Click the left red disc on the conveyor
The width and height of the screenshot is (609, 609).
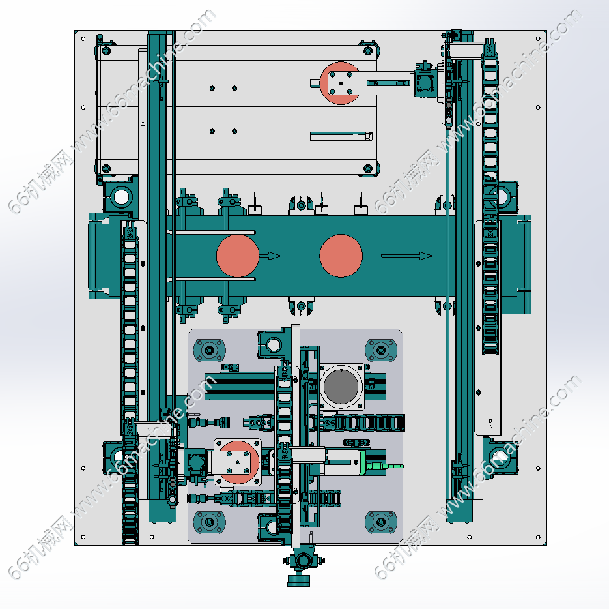[237, 256]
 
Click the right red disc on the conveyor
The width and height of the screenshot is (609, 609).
[341, 256]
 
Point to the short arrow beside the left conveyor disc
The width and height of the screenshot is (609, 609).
[270, 256]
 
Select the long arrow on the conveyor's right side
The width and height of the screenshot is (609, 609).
[407, 256]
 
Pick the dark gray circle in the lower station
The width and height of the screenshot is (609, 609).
[341, 386]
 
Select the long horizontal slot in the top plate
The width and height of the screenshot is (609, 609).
[341, 136]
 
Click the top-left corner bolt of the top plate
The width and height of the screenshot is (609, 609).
[106, 51]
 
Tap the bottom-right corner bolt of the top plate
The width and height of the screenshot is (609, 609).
[368, 169]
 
